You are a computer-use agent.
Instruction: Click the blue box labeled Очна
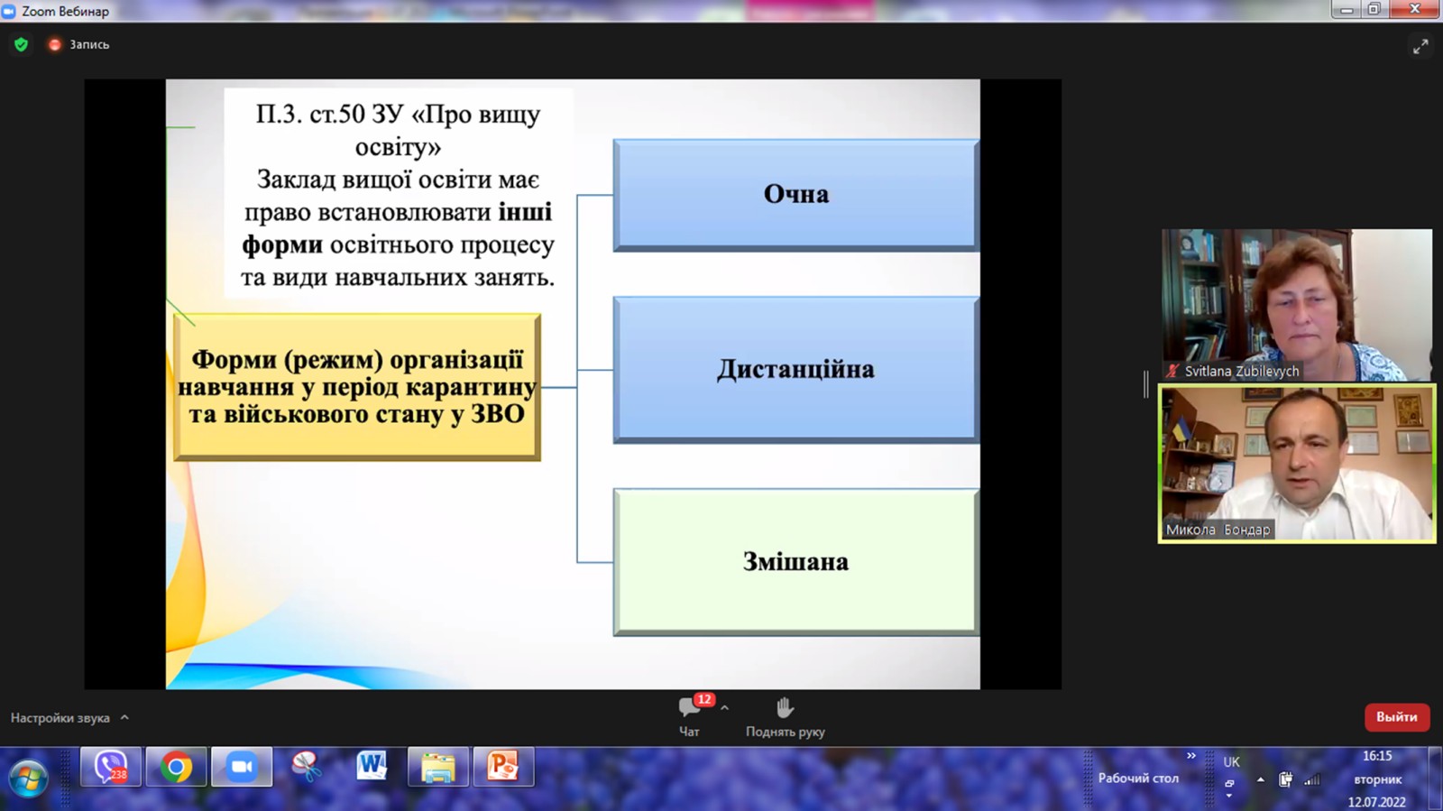pyautogui.click(x=796, y=195)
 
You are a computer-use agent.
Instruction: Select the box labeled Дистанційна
pyautogui.click(x=796, y=370)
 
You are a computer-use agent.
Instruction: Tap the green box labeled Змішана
pyautogui.click(x=796, y=562)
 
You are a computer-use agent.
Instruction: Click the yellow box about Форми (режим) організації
pyautogui.click(x=357, y=387)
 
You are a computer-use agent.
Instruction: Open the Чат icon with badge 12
pyautogui.click(x=689, y=707)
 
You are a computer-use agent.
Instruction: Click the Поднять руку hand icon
pyautogui.click(x=785, y=707)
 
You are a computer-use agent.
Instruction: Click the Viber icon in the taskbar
pyautogui.click(x=111, y=767)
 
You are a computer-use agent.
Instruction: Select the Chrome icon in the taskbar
pyautogui.click(x=176, y=767)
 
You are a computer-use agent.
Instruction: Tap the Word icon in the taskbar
pyautogui.click(x=372, y=767)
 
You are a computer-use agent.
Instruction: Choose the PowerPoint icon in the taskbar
pyautogui.click(x=503, y=767)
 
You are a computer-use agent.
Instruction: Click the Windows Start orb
pyautogui.click(x=28, y=778)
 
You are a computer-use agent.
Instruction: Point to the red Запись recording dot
pyautogui.click(x=55, y=44)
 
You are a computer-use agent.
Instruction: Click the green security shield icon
pyautogui.click(x=22, y=44)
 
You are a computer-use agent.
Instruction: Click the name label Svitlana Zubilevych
pyautogui.click(x=1241, y=372)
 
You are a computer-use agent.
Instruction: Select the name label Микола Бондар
pyautogui.click(x=1218, y=530)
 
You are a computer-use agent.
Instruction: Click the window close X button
pyautogui.click(x=1415, y=9)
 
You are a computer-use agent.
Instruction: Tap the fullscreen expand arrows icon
pyautogui.click(x=1420, y=47)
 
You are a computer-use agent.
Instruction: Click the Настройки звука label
pyautogui.click(x=60, y=717)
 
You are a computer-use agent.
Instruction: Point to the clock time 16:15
pyautogui.click(x=1377, y=756)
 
